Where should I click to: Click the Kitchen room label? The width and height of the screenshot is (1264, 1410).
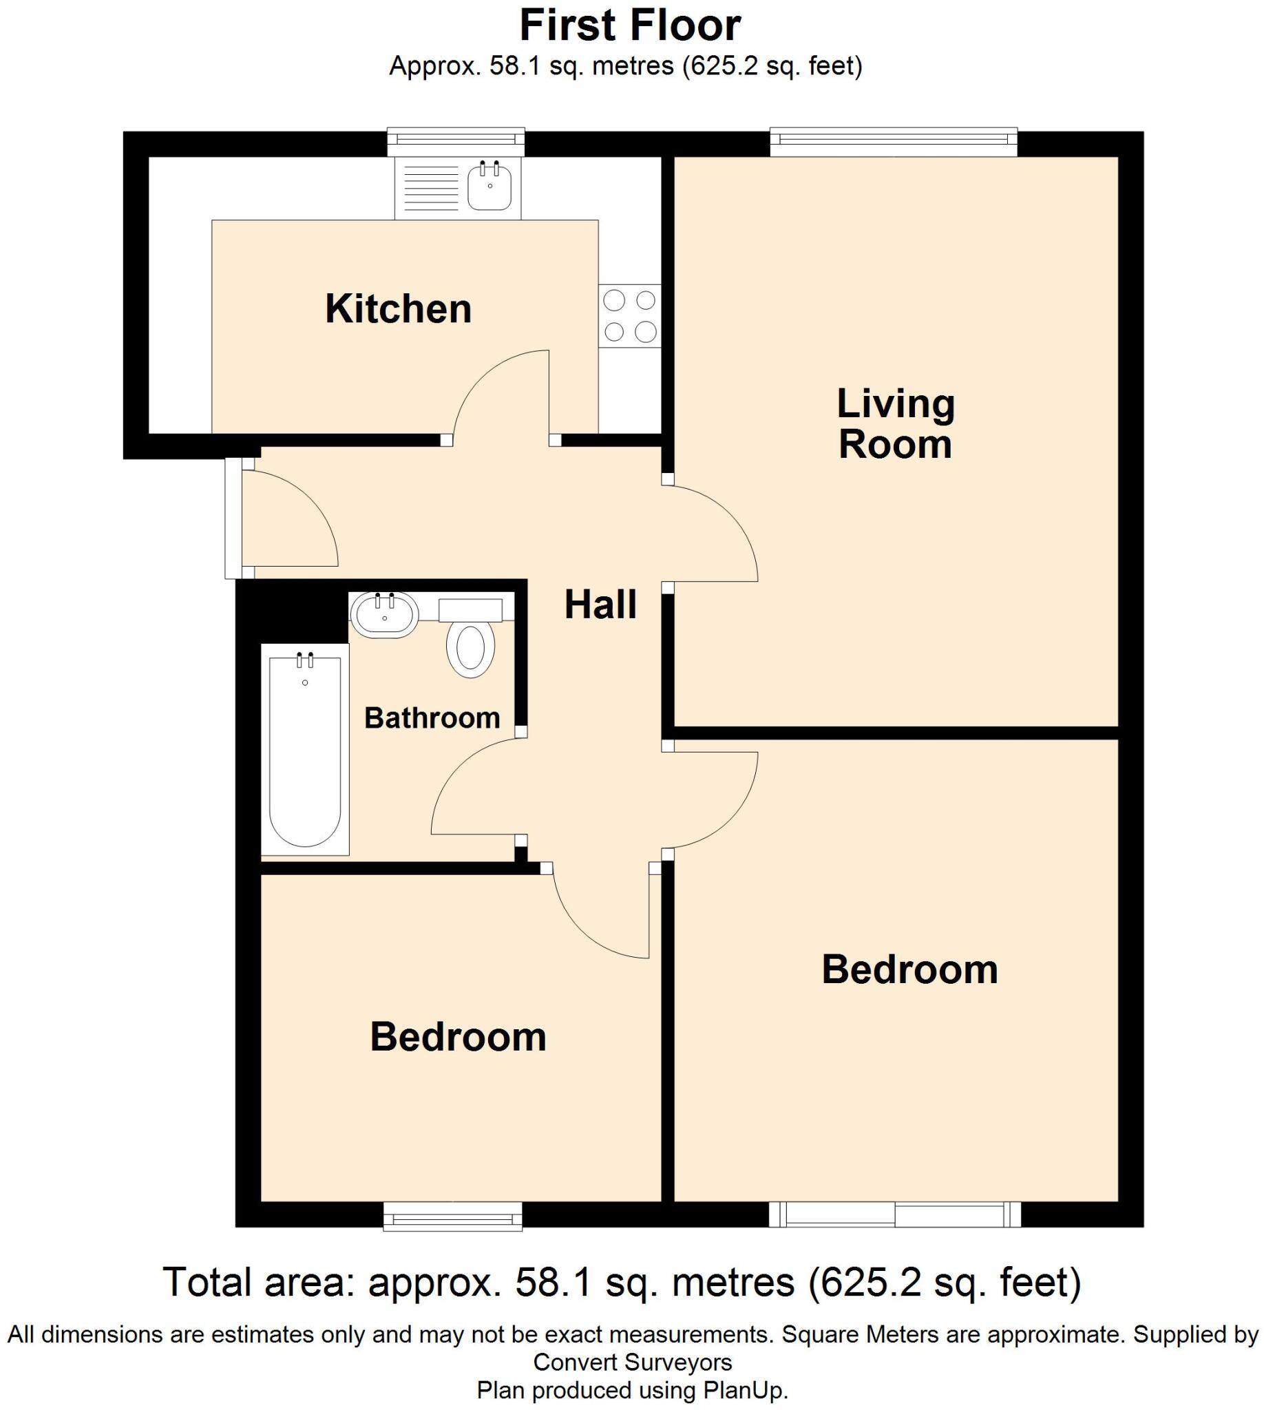click(398, 309)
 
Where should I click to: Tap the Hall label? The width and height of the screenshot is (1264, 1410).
click(600, 604)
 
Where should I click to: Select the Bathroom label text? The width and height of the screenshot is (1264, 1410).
click(432, 718)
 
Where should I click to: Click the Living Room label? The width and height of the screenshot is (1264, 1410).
click(895, 423)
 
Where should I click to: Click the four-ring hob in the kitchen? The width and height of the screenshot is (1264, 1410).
click(629, 316)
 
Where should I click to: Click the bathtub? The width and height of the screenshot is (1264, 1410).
click(305, 750)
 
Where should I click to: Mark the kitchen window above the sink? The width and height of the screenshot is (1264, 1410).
click(456, 142)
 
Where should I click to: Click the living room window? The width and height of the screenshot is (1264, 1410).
click(893, 142)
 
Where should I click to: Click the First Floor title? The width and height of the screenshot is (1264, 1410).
click(630, 25)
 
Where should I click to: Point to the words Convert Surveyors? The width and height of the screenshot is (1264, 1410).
click(632, 1362)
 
